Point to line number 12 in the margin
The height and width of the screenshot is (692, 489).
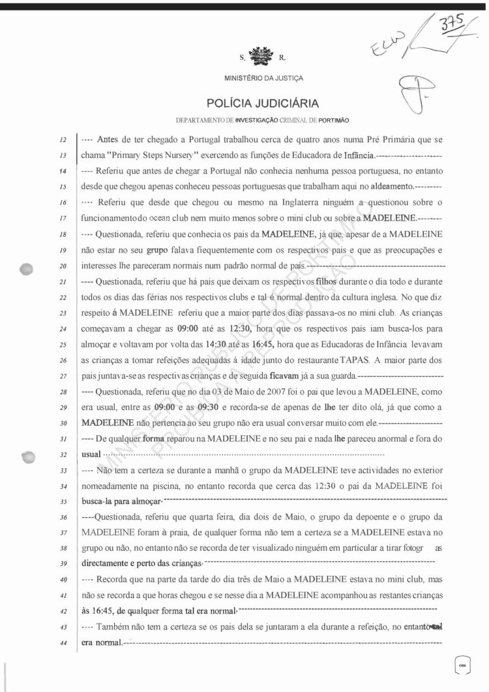pos(63,140)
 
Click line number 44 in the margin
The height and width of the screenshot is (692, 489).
pos(63,644)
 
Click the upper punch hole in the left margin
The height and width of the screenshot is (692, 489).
pos(27,268)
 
